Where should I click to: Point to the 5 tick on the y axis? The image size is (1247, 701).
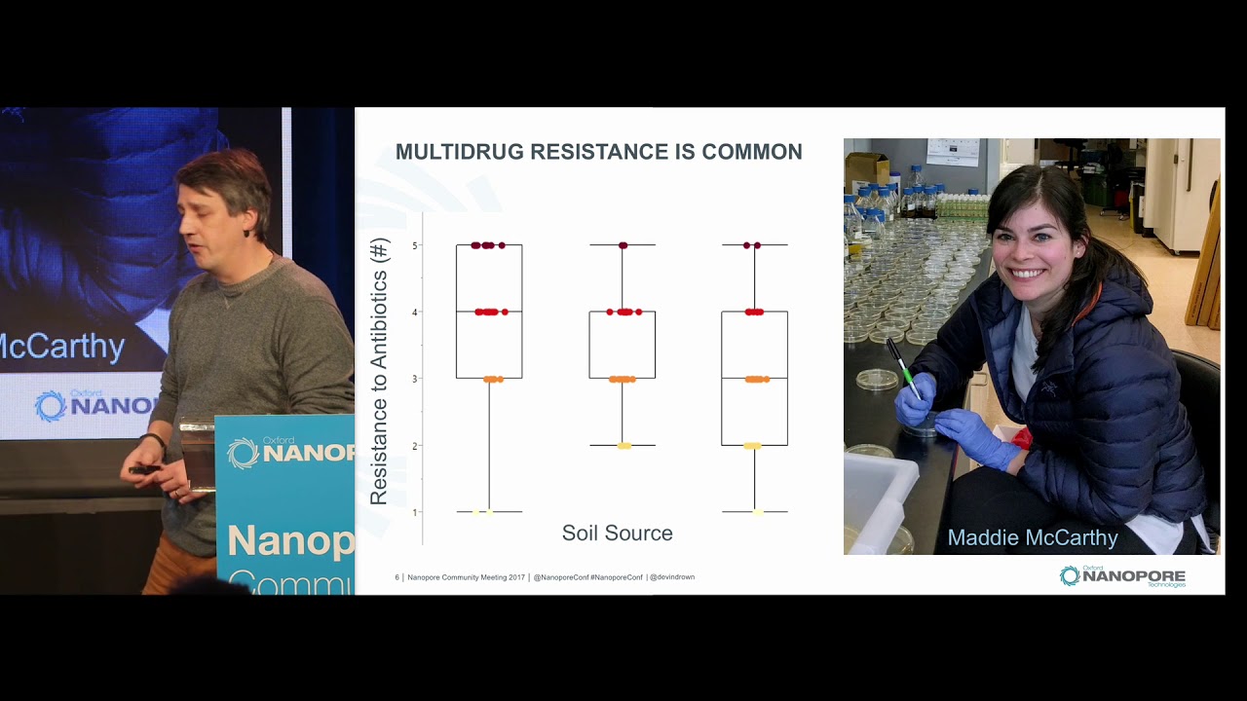coord(415,245)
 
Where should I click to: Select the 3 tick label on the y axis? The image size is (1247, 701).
coord(415,379)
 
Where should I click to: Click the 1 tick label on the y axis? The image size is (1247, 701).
coord(415,512)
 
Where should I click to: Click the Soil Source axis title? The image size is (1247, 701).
coord(617,534)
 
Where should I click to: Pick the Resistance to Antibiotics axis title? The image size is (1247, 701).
coord(379,371)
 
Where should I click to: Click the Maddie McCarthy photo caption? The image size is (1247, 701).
coord(1033,537)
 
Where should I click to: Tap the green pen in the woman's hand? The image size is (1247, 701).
coord(903,368)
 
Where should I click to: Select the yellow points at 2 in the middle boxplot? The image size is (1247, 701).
coord(623,446)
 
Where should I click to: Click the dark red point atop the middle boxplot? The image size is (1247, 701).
coord(623,245)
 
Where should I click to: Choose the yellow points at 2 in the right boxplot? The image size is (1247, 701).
coord(752,446)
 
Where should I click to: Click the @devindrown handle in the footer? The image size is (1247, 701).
coord(672,577)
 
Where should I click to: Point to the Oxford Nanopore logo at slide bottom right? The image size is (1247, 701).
coord(1122,576)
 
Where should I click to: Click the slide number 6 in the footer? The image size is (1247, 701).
coord(397,577)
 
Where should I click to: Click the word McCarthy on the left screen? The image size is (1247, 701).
coord(63,347)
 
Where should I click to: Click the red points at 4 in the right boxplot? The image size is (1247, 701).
coord(754,312)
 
